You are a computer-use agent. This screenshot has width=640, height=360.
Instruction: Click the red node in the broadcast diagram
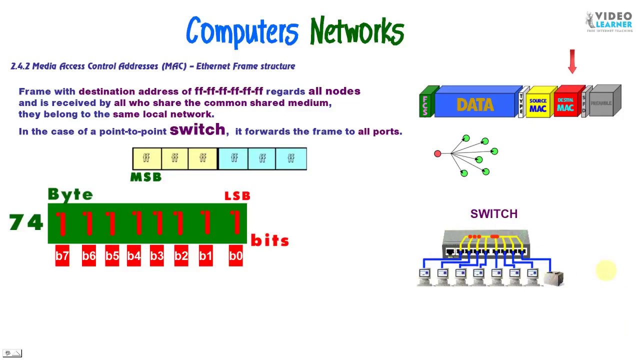point(437,153)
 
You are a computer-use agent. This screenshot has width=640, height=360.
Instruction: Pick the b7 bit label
point(62,256)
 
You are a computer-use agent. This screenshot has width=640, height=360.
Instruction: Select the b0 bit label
point(235,256)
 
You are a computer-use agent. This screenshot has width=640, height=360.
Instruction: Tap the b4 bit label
point(134,256)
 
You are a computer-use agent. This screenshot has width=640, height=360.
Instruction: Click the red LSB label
point(237,196)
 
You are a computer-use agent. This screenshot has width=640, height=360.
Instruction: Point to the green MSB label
point(145,177)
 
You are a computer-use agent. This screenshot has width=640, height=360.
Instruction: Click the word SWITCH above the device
point(493,214)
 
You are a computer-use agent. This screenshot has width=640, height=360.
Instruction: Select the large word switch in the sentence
point(197,129)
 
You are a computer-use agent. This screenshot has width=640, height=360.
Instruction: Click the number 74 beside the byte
point(26,222)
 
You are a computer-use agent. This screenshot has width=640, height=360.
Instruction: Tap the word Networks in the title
point(356,31)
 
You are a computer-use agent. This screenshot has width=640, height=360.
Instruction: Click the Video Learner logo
point(608,21)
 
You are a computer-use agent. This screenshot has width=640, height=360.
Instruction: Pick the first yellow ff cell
point(146,158)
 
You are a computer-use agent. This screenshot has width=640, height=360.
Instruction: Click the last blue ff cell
point(291,158)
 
